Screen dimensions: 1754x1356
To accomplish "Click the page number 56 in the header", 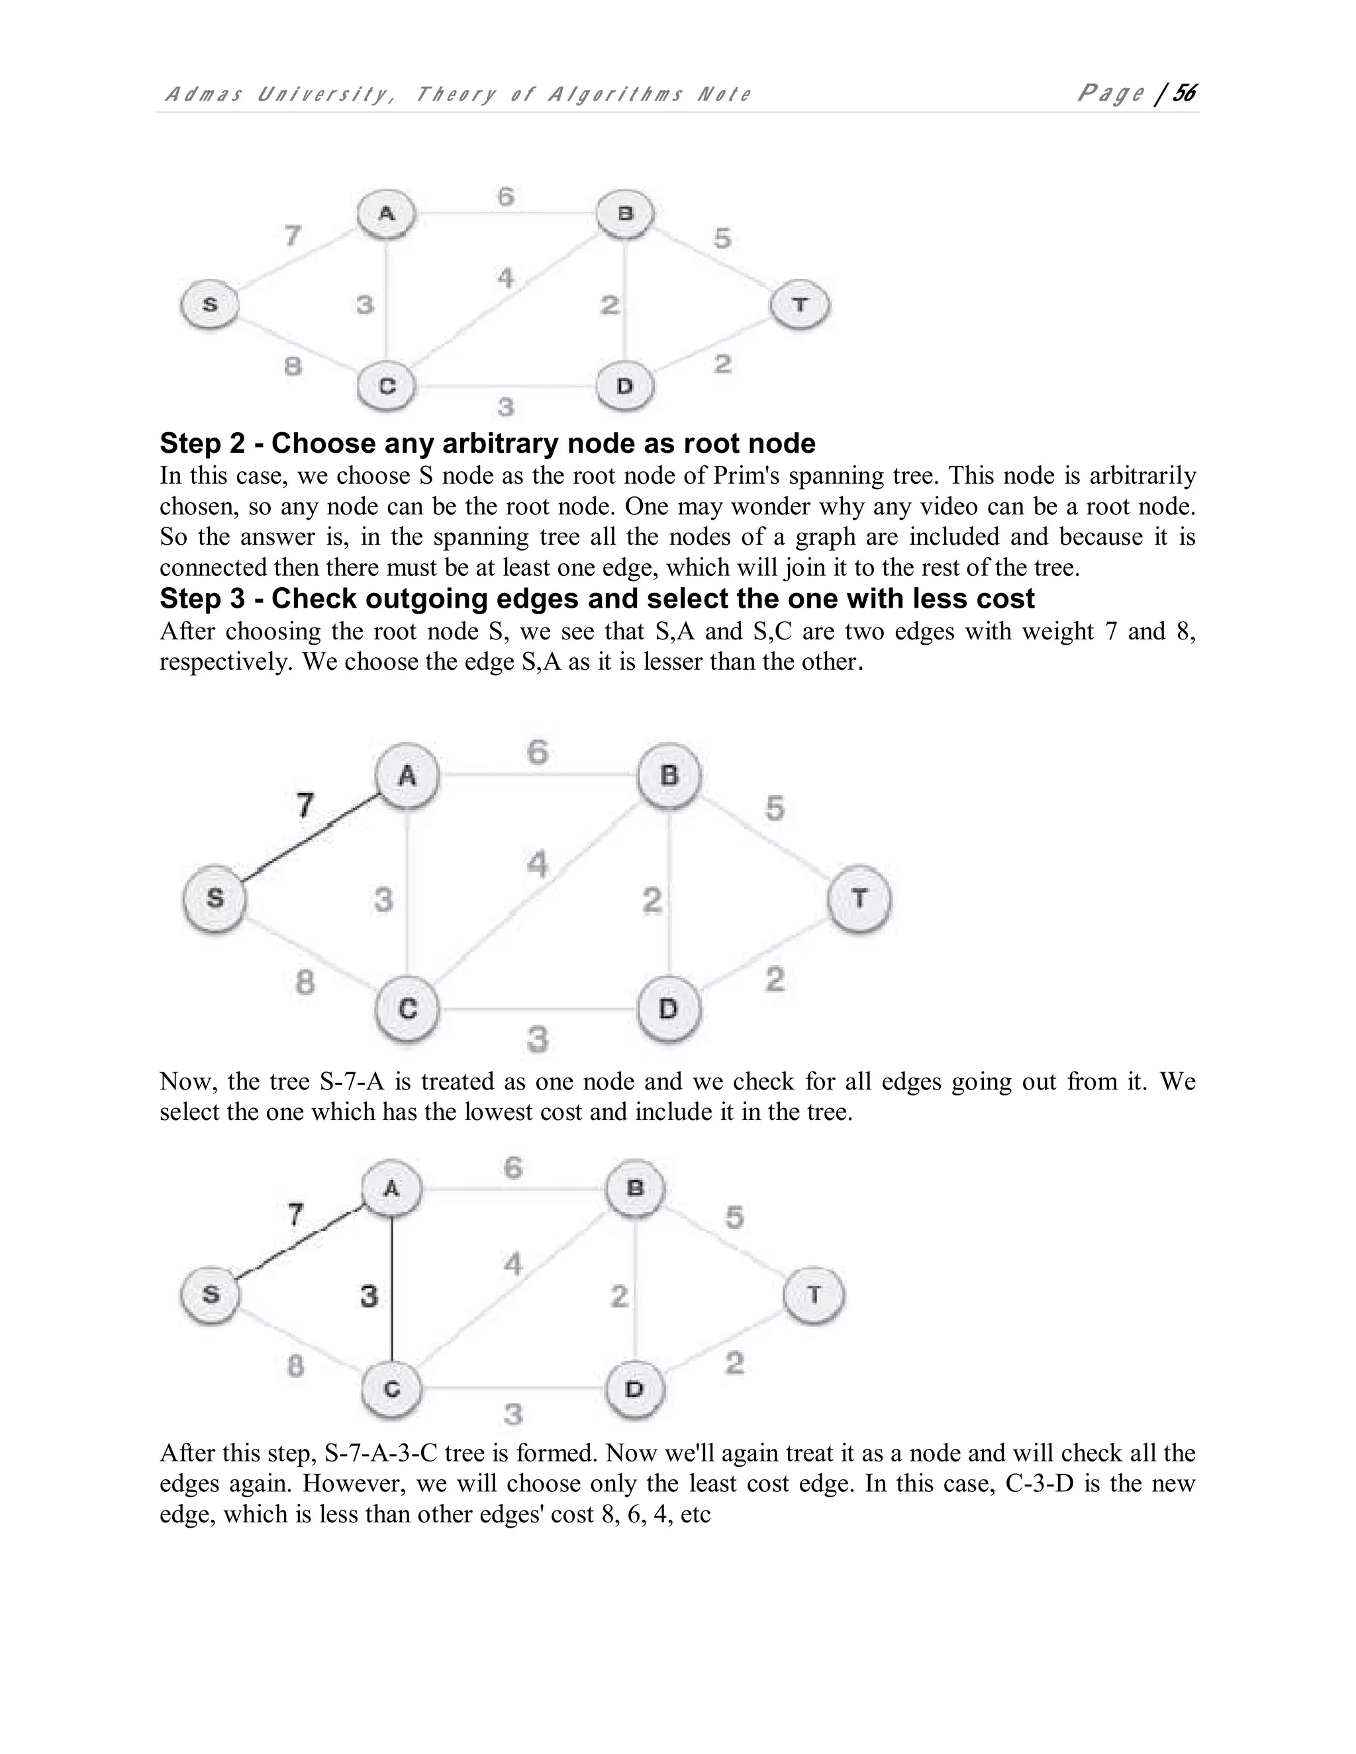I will pyautogui.click(x=1184, y=94).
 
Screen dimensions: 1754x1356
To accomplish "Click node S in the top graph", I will pyautogui.click(x=210, y=305).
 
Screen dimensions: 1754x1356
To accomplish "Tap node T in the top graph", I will pyautogui.click(x=800, y=305).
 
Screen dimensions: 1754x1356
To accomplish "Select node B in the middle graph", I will pyautogui.click(x=669, y=776).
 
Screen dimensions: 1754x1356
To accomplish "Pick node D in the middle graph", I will pyautogui.click(x=668, y=1009).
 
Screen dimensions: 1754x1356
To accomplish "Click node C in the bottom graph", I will pyautogui.click(x=391, y=1389).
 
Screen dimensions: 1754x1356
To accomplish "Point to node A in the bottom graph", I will pyautogui.click(x=391, y=1188).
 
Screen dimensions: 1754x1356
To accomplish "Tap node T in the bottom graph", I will pyautogui.click(x=814, y=1295).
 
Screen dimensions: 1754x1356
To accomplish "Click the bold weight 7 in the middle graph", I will pyautogui.click(x=305, y=805).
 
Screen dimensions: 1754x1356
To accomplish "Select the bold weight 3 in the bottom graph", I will pyautogui.click(x=369, y=1295).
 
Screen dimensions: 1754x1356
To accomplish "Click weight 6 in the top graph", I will pyautogui.click(x=505, y=197).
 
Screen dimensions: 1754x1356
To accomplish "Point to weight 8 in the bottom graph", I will pyautogui.click(x=295, y=1366).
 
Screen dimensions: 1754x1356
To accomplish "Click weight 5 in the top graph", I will pyautogui.click(x=722, y=238).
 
